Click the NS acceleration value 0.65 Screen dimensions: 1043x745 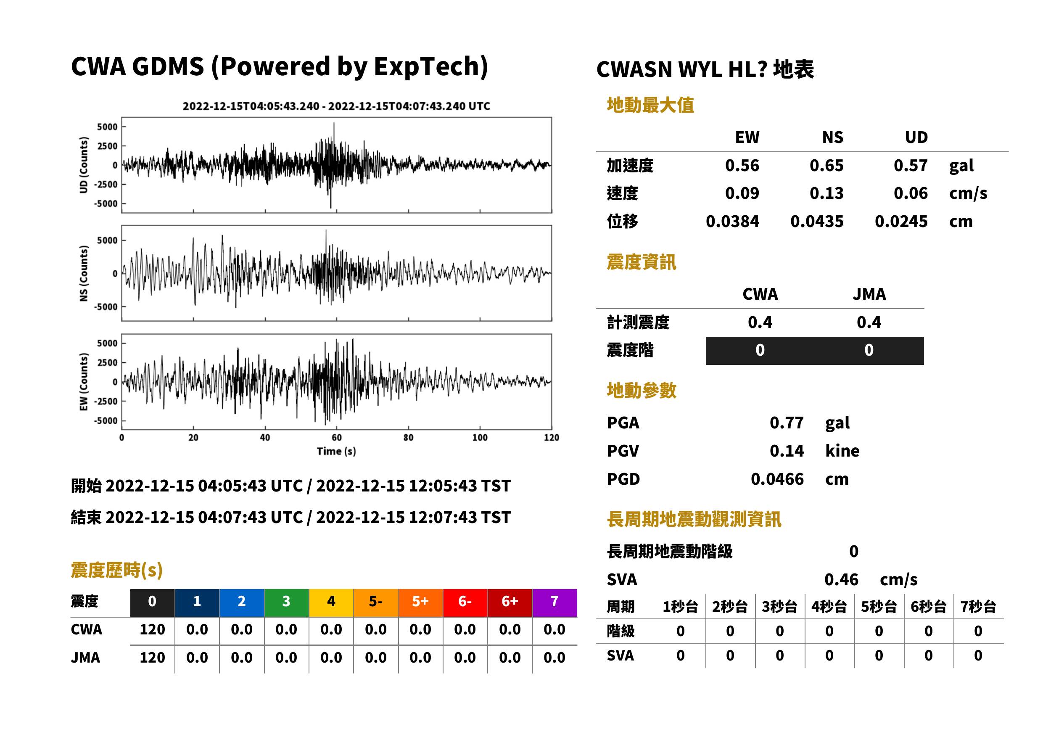tap(826, 166)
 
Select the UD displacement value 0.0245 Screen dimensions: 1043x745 tap(901, 222)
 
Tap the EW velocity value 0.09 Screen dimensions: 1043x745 tap(742, 193)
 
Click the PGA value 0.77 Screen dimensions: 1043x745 tap(786, 423)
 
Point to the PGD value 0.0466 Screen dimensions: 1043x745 tap(777, 479)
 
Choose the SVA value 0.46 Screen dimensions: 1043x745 tap(841, 580)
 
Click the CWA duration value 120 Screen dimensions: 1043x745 tap(152, 629)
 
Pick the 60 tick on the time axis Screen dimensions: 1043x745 tap(336, 438)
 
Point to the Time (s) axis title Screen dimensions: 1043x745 tap(336, 452)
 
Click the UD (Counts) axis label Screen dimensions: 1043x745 tap(84, 165)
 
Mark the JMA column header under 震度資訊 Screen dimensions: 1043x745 tap(869, 294)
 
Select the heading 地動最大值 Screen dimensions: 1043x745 tap(650, 106)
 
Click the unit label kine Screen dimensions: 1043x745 tap(842, 451)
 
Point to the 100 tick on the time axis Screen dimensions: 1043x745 tap(480, 438)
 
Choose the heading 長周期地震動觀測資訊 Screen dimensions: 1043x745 tap(694, 520)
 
